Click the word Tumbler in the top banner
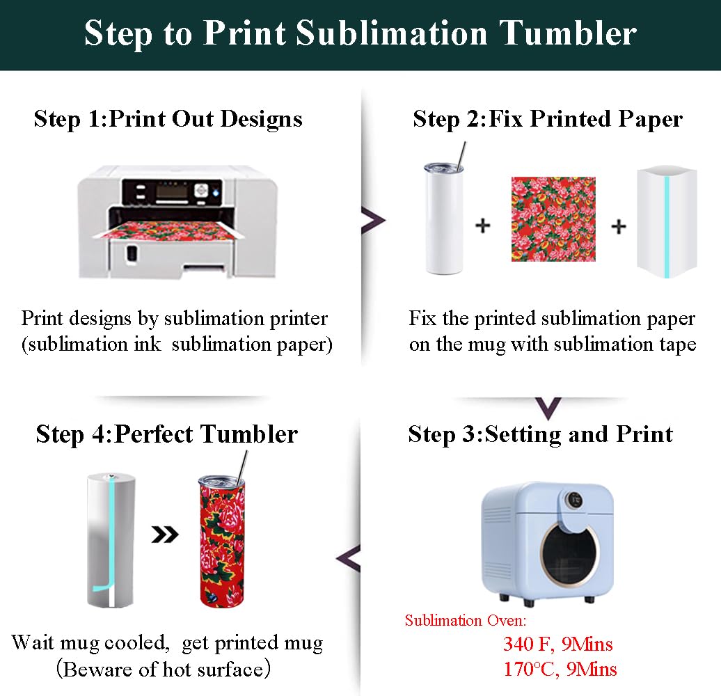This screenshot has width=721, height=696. [568, 33]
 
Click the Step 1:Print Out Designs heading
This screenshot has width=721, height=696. [168, 119]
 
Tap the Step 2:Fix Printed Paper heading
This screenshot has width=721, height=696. [548, 119]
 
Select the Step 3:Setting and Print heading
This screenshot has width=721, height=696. [540, 434]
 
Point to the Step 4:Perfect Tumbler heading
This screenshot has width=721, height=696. [166, 434]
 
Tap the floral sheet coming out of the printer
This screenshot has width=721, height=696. [168, 230]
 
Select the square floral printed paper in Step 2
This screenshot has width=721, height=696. [553, 219]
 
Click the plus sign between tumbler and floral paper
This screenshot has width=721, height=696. [483, 226]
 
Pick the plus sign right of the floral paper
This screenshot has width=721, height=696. [619, 226]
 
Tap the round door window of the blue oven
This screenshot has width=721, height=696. [569, 556]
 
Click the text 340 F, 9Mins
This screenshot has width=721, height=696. [557, 644]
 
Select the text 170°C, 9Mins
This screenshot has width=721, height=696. [560, 670]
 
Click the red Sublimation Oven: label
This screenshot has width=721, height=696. [466, 621]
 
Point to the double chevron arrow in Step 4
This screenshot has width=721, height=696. [165, 535]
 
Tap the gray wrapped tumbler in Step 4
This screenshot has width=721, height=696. [111, 539]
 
